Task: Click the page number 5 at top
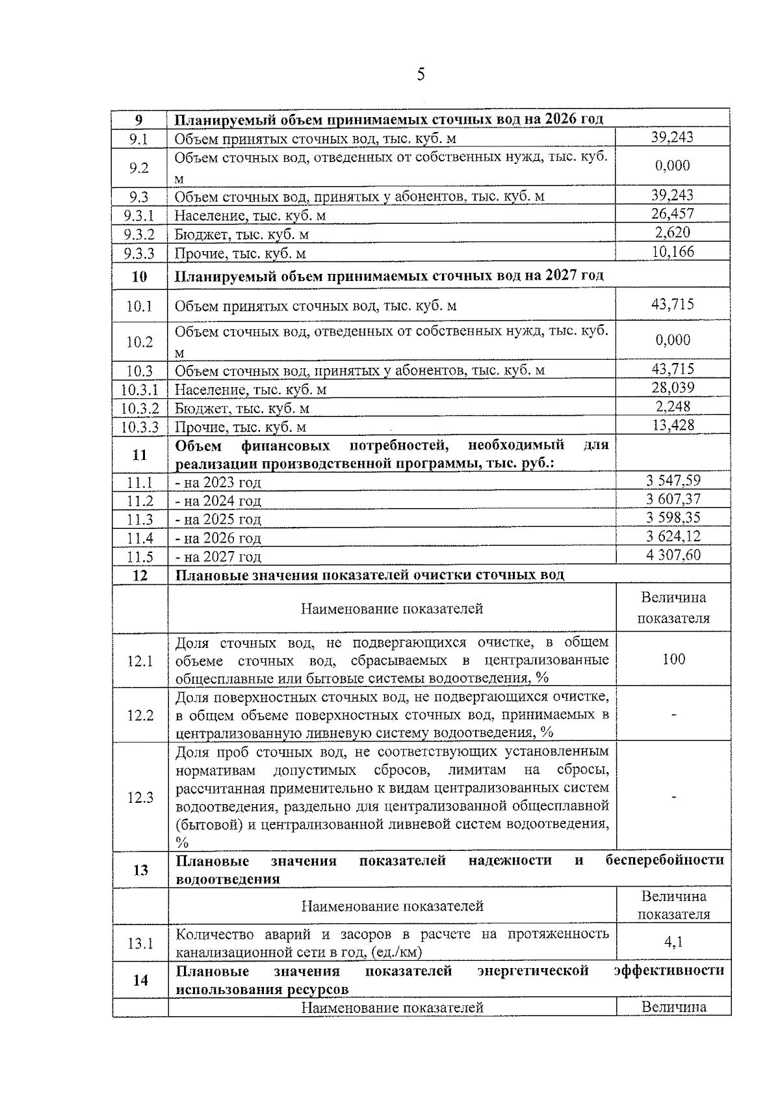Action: [421, 75]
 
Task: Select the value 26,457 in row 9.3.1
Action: [673, 214]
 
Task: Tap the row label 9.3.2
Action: [140, 234]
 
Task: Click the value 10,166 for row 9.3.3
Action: [673, 252]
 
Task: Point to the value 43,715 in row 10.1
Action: [673, 304]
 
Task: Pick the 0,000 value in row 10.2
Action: [673, 340]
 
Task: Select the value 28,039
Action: [673, 388]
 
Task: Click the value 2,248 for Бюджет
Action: [673, 407]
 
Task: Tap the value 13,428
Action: [673, 425]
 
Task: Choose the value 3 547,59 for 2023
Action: [673, 481]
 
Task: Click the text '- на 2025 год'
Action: [218, 519]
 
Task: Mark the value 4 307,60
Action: [673, 555]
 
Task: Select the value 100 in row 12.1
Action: [673, 659]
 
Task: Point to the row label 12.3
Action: [140, 798]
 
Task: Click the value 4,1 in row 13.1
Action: [673, 941]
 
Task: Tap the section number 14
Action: [140, 980]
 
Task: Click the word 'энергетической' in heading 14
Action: [532, 971]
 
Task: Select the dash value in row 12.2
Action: [673, 715]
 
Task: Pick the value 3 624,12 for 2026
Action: [673, 536]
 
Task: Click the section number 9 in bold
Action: [138, 120]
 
